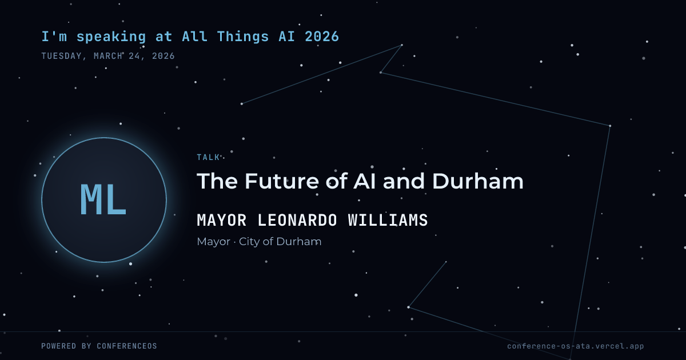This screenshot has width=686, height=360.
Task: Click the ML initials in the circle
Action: (x=103, y=199)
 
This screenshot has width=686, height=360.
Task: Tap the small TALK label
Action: (x=208, y=157)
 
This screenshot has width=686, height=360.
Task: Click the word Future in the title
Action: (x=282, y=181)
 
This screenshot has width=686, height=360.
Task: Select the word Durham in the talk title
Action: (x=478, y=181)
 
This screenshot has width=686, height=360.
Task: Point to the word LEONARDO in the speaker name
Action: (x=297, y=220)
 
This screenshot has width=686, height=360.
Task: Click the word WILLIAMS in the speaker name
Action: (x=388, y=220)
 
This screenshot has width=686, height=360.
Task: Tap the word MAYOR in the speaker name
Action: (x=222, y=220)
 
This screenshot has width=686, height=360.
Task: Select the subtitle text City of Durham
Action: (x=280, y=242)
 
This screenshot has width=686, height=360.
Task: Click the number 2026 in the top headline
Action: (x=322, y=37)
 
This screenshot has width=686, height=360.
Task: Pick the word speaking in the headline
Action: (x=111, y=37)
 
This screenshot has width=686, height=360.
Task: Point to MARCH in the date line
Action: (x=108, y=56)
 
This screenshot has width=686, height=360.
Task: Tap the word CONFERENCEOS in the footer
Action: (x=127, y=346)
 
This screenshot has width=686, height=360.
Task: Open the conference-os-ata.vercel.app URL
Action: (x=576, y=346)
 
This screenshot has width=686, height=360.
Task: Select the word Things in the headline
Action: (x=243, y=37)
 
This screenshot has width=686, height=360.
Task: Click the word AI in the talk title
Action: (x=365, y=181)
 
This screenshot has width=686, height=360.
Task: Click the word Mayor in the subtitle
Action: (x=213, y=242)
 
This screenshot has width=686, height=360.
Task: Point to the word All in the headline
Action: (x=194, y=37)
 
